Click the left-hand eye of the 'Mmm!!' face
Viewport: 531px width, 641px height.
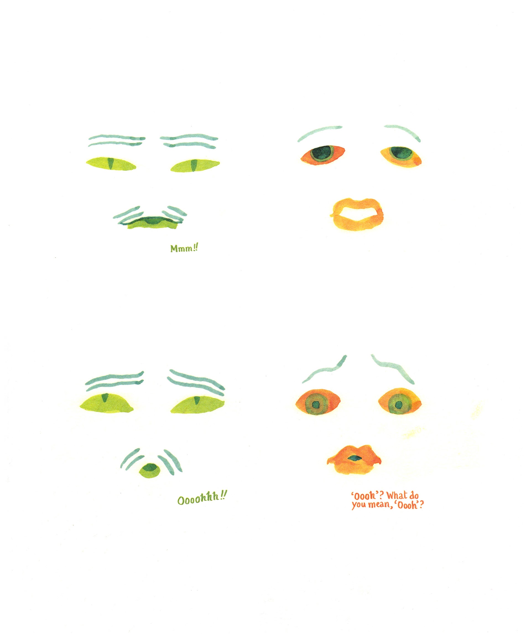click(111, 164)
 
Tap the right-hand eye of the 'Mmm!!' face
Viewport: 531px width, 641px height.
click(195, 165)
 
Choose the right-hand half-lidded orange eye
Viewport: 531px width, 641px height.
click(401, 156)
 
